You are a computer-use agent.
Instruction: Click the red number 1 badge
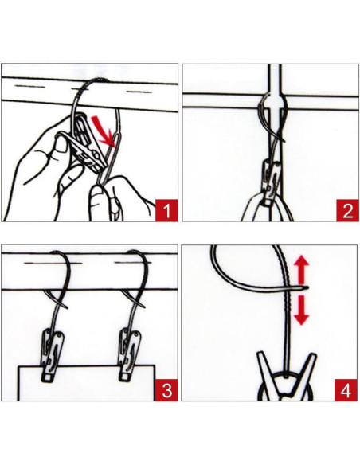166,210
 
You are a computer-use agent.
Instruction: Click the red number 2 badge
347,210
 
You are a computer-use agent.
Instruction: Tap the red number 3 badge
166,390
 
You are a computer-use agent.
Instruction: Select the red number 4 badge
346,390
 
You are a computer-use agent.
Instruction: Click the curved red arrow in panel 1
102,131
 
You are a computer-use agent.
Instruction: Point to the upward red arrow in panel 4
302,268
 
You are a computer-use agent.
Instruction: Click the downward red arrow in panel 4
302,310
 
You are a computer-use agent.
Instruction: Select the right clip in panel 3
130,354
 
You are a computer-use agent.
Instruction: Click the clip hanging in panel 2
272,182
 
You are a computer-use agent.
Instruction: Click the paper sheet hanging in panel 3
86,383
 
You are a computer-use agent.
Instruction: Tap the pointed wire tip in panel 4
307,287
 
